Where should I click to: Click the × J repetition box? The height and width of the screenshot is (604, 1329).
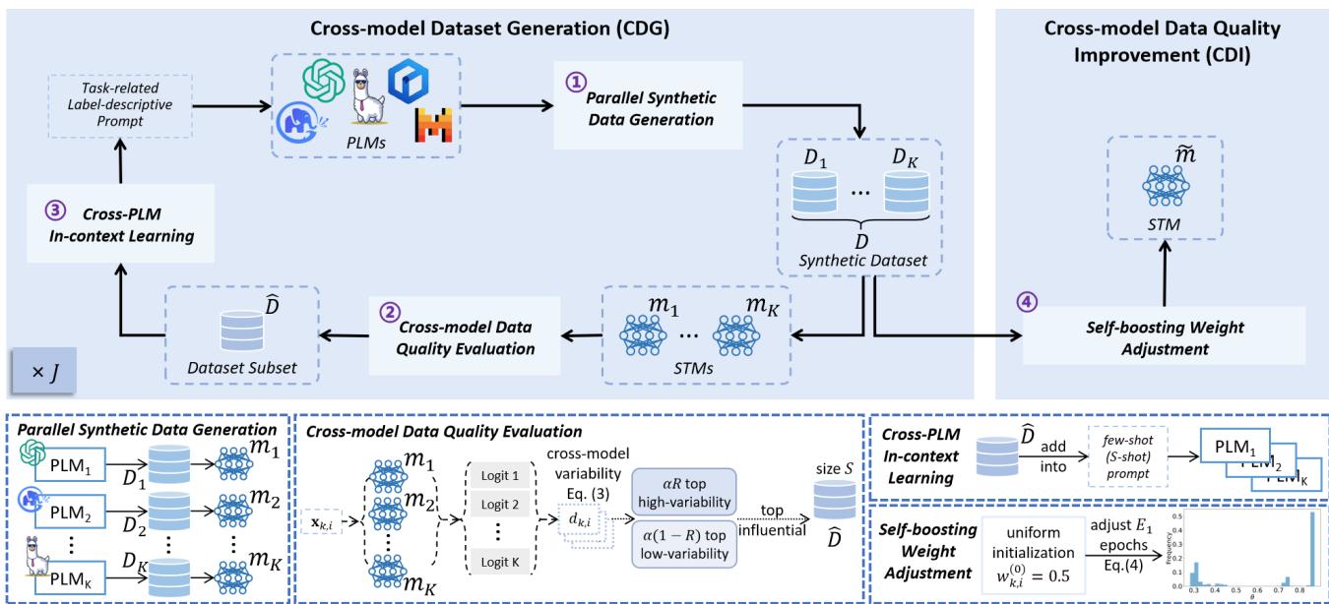(40, 375)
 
